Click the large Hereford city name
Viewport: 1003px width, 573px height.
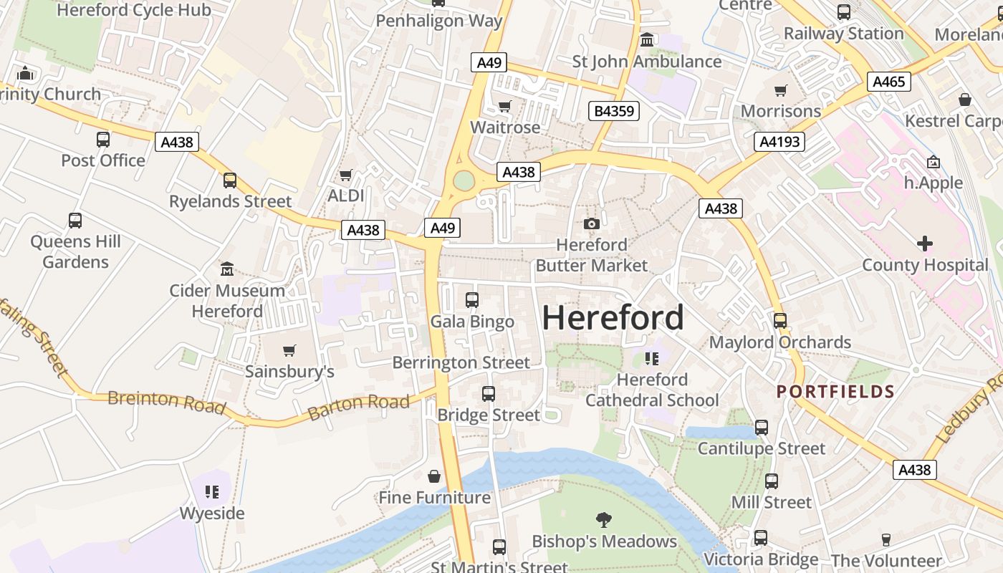tap(613, 317)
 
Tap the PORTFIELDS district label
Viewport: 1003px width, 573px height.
tap(835, 392)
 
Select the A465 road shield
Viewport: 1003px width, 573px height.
tap(889, 82)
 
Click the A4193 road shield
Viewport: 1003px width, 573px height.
tap(779, 142)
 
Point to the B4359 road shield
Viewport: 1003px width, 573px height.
tap(613, 111)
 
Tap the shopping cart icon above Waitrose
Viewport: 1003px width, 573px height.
tap(505, 107)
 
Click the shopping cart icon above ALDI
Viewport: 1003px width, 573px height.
tap(346, 175)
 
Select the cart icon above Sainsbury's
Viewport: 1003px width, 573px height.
tap(289, 351)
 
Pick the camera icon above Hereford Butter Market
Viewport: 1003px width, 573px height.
tap(591, 224)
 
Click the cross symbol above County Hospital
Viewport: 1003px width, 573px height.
tap(925, 244)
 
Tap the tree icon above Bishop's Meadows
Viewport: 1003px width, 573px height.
tap(604, 520)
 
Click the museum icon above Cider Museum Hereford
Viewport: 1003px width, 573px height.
tap(227, 269)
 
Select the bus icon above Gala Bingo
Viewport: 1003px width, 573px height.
tap(471, 300)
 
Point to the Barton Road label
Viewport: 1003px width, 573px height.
tap(358, 407)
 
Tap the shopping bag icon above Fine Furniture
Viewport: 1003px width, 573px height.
tap(434, 476)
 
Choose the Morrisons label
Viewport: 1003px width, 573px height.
tap(780, 111)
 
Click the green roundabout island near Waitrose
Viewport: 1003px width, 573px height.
tap(464, 180)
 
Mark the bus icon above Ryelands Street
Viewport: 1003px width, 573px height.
tap(230, 180)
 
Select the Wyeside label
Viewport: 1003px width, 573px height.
tap(211, 514)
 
